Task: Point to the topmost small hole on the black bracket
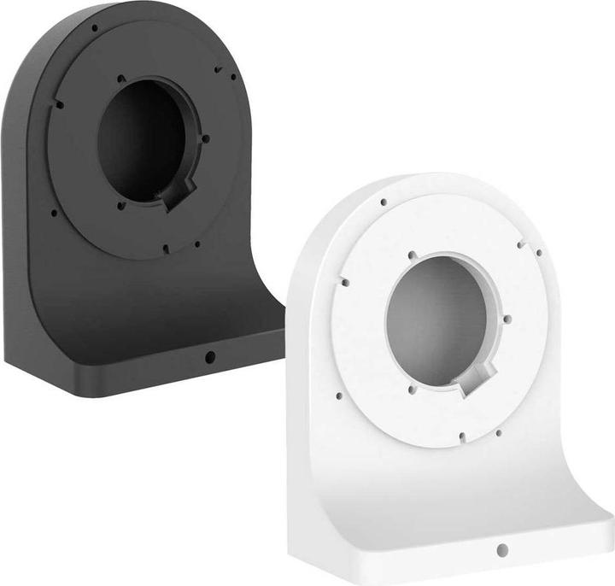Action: [x=94, y=27]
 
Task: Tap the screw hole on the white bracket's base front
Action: [x=503, y=548]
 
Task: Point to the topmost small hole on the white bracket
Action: [x=384, y=202]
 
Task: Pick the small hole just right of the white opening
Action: [x=507, y=319]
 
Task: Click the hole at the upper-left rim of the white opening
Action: [x=413, y=255]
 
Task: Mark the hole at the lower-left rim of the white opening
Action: [x=412, y=390]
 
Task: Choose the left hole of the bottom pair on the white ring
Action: [x=461, y=437]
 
